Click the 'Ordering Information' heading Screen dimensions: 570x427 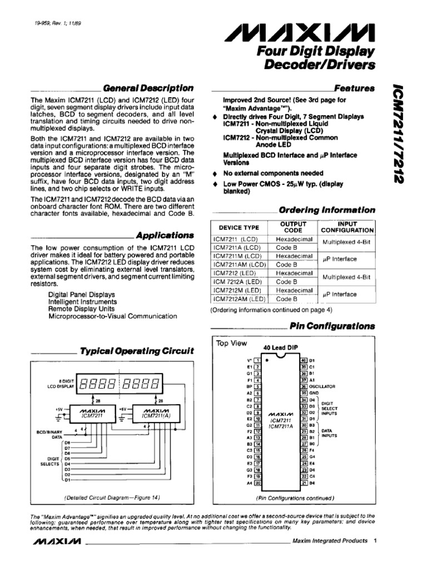coord(326,210)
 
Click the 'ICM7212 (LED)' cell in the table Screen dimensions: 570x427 coord(235,273)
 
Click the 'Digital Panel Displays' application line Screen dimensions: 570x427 coord(81,294)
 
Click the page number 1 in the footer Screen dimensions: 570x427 coord(376,540)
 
